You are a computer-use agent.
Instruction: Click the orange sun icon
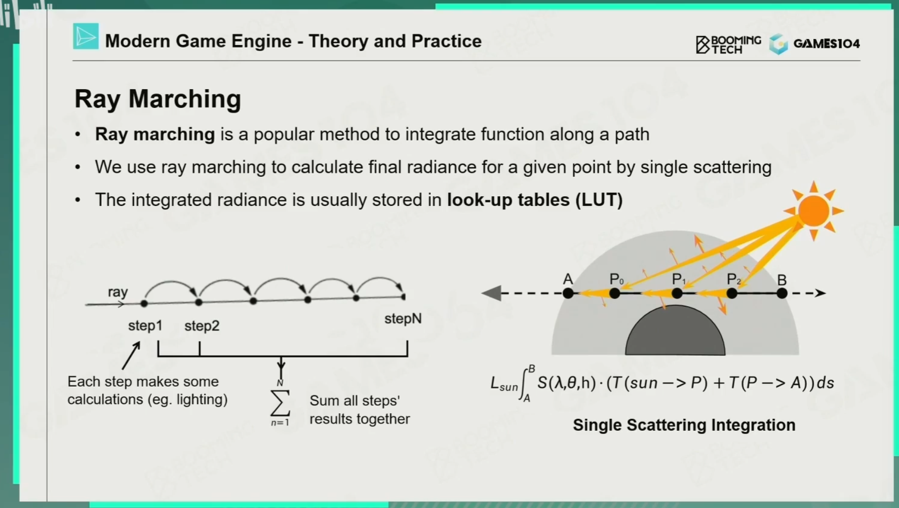coord(813,210)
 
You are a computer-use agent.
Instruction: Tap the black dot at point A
coord(568,293)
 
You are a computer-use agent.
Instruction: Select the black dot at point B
coord(782,293)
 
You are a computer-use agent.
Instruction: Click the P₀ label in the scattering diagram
coord(616,279)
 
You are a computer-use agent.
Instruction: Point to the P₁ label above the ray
coord(679,279)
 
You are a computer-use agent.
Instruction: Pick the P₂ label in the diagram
coord(734,279)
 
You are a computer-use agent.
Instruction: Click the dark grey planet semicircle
coord(675,331)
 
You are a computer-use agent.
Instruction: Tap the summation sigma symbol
coord(280,403)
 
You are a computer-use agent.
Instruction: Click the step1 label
coord(145,325)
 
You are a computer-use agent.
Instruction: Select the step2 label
coord(202,326)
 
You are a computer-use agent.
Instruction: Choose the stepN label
coord(403,319)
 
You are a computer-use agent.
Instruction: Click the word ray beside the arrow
coord(118,292)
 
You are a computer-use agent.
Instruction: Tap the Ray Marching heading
coord(158,98)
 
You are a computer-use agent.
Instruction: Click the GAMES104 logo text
coord(827,44)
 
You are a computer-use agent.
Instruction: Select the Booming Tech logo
coord(728,45)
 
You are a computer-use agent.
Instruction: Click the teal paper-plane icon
coord(86,37)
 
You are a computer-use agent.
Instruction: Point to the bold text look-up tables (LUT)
coord(535,200)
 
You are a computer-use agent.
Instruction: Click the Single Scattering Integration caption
coord(684,425)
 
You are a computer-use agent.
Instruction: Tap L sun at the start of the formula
coord(503,384)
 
